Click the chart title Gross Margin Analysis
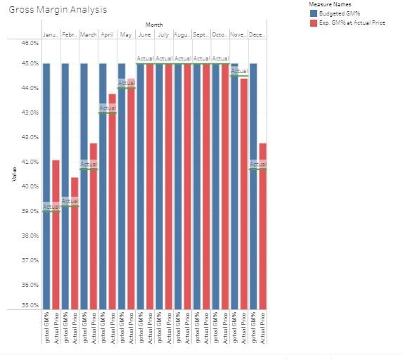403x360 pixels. [58, 10]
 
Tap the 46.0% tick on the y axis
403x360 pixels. [30, 42]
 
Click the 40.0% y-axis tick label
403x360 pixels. [30, 186]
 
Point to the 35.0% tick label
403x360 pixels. [30, 305]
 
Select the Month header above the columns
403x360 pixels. [154, 25]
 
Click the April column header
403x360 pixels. [107, 34]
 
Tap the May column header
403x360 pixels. [126, 34]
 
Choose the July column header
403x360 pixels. [163, 34]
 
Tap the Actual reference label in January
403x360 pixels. [51, 207]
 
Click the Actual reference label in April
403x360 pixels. [107, 108]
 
